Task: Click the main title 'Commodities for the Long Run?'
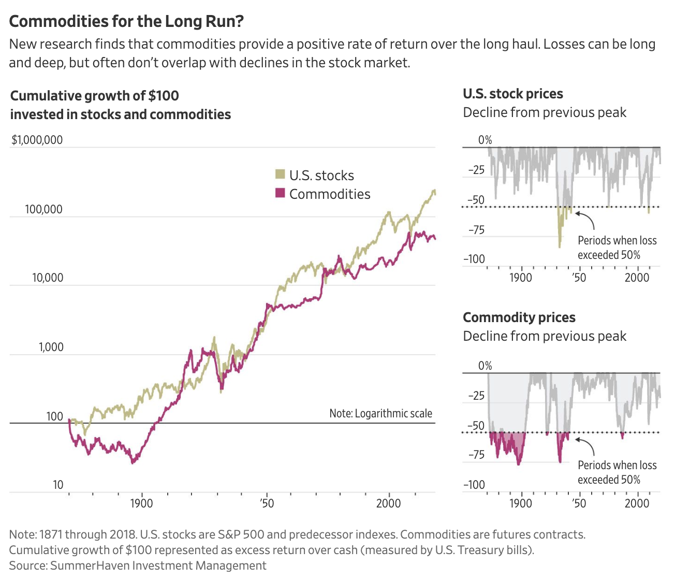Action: click(126, 21)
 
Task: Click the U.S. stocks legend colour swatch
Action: click(280, 174)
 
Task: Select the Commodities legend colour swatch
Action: click(280, 193)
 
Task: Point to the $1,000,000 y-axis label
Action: click(37, 140)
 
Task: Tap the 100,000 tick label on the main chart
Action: click(43, 209)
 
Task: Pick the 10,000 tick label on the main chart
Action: click(47, 278)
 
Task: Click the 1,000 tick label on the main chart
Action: click(51, 347)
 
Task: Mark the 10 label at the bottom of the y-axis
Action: click(57, 485)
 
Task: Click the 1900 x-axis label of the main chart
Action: click(141, 503)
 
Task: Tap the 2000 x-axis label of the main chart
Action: click(388, 503)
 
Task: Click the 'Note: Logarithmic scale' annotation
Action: click(380, 413)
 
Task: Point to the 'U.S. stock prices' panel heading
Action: click(512, 94)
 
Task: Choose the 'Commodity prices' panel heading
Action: click(519, 317)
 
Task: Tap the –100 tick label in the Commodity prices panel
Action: click(474, 485)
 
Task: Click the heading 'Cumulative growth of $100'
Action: click(95, 96)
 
